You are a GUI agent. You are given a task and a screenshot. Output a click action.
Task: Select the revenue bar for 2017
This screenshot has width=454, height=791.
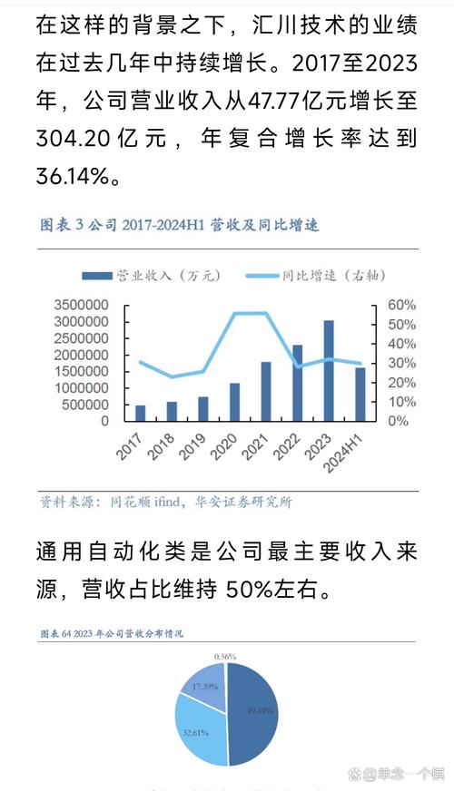click(x=141, y=413)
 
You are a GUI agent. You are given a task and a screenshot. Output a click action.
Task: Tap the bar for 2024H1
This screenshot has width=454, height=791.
click(x=360, y=394)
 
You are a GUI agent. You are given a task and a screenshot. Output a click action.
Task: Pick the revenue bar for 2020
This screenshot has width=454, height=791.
click(x=234, y=402)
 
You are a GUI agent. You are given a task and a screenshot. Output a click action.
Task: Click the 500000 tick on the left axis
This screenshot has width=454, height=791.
click(x=86, y=404)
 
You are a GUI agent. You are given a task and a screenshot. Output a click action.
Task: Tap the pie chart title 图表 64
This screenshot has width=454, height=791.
click(x=59, y=632)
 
